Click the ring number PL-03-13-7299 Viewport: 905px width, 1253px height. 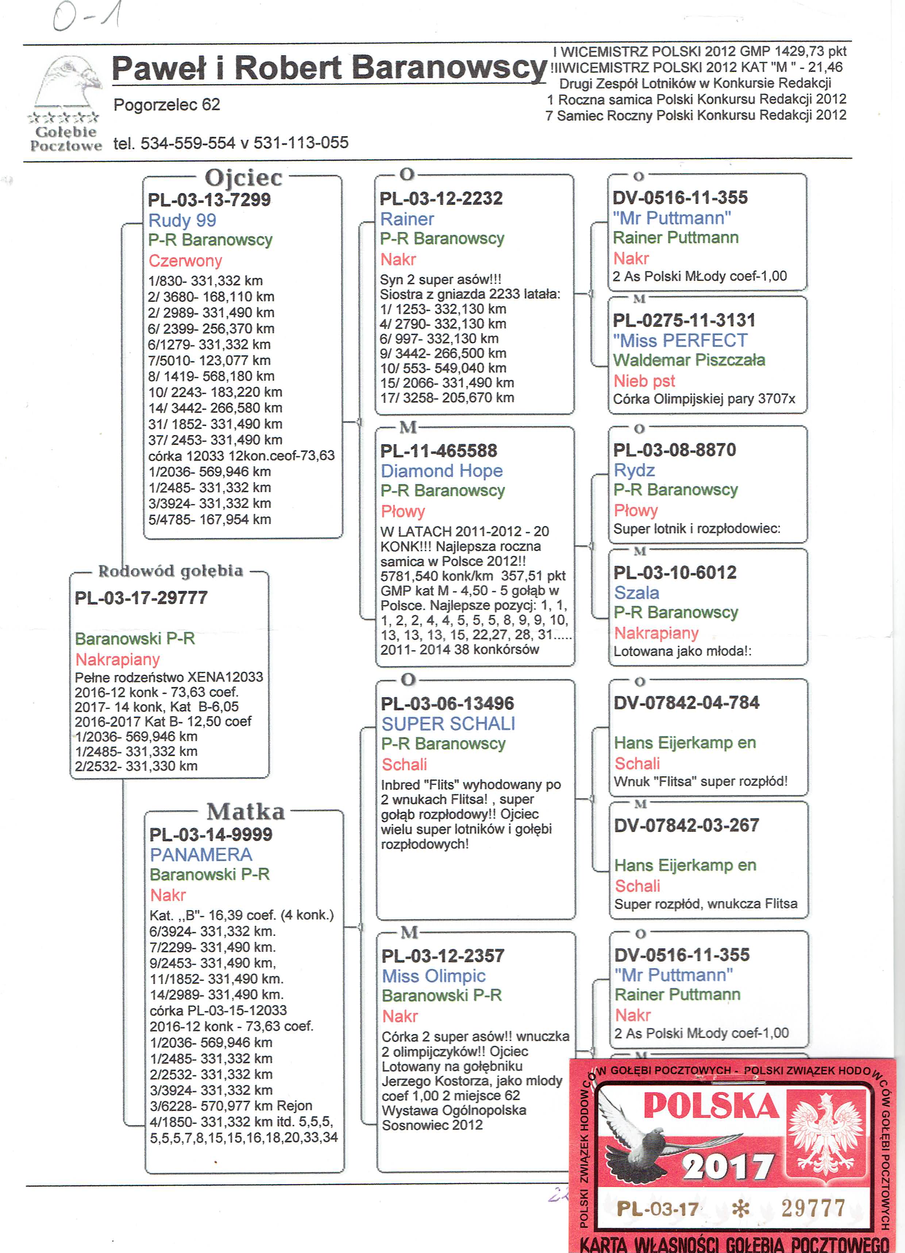(x=209, y=199)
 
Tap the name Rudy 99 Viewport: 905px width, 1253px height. (x=182, y=220)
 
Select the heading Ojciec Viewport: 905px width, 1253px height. (x=244, y=178)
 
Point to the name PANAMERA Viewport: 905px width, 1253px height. (x=201, y=855)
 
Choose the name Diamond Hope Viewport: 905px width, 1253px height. (x=442, y=471)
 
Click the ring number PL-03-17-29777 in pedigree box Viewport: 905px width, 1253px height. (x=142, y=598)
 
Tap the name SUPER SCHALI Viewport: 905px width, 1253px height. (x=448, y=724)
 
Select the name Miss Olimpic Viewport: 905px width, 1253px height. (x=434, y=976)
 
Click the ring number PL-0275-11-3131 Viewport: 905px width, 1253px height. (x=684, y=320)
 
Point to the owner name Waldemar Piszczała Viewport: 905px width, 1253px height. (x=689, y=360)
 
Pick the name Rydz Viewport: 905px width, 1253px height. (x=634, y=470)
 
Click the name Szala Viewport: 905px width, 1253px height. (x=636, y=593)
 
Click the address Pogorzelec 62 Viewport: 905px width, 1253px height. (x=167, y=104)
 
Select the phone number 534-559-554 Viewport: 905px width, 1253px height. (x=188, y=143)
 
